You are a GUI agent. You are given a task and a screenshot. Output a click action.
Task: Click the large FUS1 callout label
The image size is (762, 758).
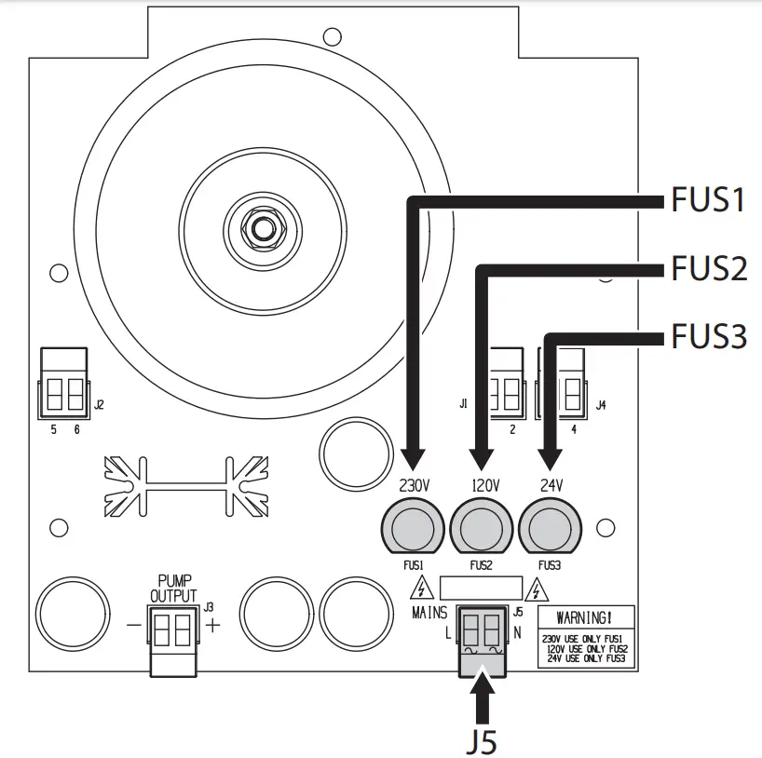(x=708, y=199)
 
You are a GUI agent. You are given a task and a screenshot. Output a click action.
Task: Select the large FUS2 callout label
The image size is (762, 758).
(x=709, y=268)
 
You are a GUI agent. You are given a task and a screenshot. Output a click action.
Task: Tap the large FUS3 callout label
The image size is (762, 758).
(x=709, y=336)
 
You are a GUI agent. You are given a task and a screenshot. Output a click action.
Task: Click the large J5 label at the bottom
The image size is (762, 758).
(x=482, y=742)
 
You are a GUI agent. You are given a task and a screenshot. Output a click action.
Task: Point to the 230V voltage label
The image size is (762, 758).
(x=414, y=485)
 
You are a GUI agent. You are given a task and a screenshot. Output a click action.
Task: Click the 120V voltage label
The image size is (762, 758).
(x=484, y=485)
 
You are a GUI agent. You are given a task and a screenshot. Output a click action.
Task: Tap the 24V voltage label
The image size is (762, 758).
(x=551, y=485)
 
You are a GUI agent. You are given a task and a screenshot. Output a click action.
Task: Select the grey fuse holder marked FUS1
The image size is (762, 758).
(x=413, y=528)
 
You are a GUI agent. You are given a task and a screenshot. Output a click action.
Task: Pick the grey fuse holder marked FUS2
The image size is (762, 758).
(x=481, y=528)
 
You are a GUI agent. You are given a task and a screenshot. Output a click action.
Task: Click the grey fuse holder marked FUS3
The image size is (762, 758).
(x=550, y=528)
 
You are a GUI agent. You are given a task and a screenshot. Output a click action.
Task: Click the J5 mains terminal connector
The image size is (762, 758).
(x=483, y=642)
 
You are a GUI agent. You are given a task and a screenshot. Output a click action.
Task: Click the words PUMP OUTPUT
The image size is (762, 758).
(x=173, y=588)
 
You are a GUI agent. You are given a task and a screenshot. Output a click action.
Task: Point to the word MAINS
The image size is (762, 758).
(x=429, y=614)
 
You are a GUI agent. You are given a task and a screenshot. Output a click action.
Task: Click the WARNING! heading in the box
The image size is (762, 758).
(x=584, y=618)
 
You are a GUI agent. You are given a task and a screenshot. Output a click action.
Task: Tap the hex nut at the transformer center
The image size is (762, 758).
(x=263, y=229)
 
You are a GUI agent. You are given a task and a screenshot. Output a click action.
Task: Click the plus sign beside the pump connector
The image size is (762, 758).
(x=212, y=625)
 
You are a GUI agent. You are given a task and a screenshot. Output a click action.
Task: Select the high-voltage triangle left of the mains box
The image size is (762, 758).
(x=422, y=588)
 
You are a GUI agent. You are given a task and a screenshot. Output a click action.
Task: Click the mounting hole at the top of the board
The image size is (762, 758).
(x=333, y=36)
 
